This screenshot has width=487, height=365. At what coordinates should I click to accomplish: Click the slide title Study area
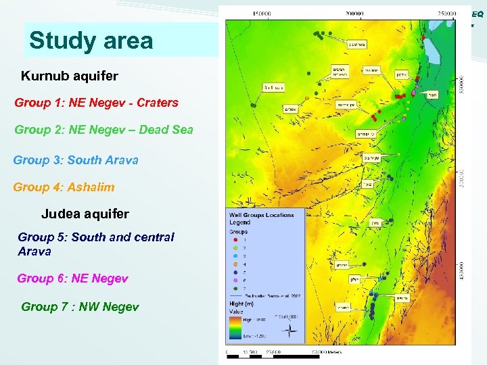pyautogui.click(x=91, y=41)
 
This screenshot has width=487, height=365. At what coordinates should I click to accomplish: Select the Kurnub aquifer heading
pyautogui.click(x=70, y=76)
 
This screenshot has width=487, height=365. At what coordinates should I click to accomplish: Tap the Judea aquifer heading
pyautogui.click(x=85, y=214)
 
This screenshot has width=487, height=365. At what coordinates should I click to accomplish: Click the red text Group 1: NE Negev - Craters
pyautogui.click(x=97, y=103)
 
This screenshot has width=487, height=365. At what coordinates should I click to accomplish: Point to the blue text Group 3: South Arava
pyautogui.click(x=76, y=160)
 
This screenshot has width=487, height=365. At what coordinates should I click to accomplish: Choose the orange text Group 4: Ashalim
pyautogui.click(x=64, y=187)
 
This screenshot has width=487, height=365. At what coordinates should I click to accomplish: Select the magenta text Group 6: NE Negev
pyautogui.click(x=72, y=278)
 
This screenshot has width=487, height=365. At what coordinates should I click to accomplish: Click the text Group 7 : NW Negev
pyautogui.click(x=80, y=307)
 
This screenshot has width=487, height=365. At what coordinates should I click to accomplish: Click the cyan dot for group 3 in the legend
pyautogui.click(x=234, y=256)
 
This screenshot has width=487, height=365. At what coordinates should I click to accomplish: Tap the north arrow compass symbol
pyautogui.click(x=290, y=331)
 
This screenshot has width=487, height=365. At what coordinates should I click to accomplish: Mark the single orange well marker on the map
pyautogui.click(x=307, y=98)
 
